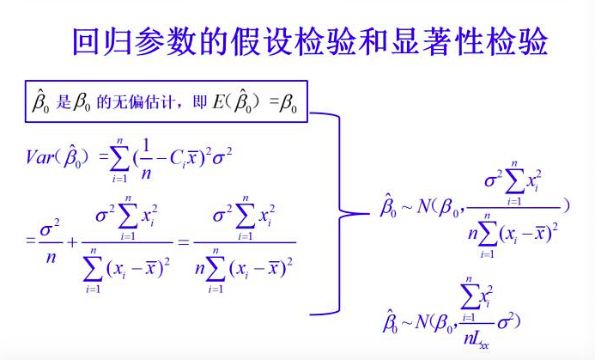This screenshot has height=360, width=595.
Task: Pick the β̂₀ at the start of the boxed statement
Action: [39, 102]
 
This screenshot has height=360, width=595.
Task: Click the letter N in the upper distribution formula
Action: [423, 206]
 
